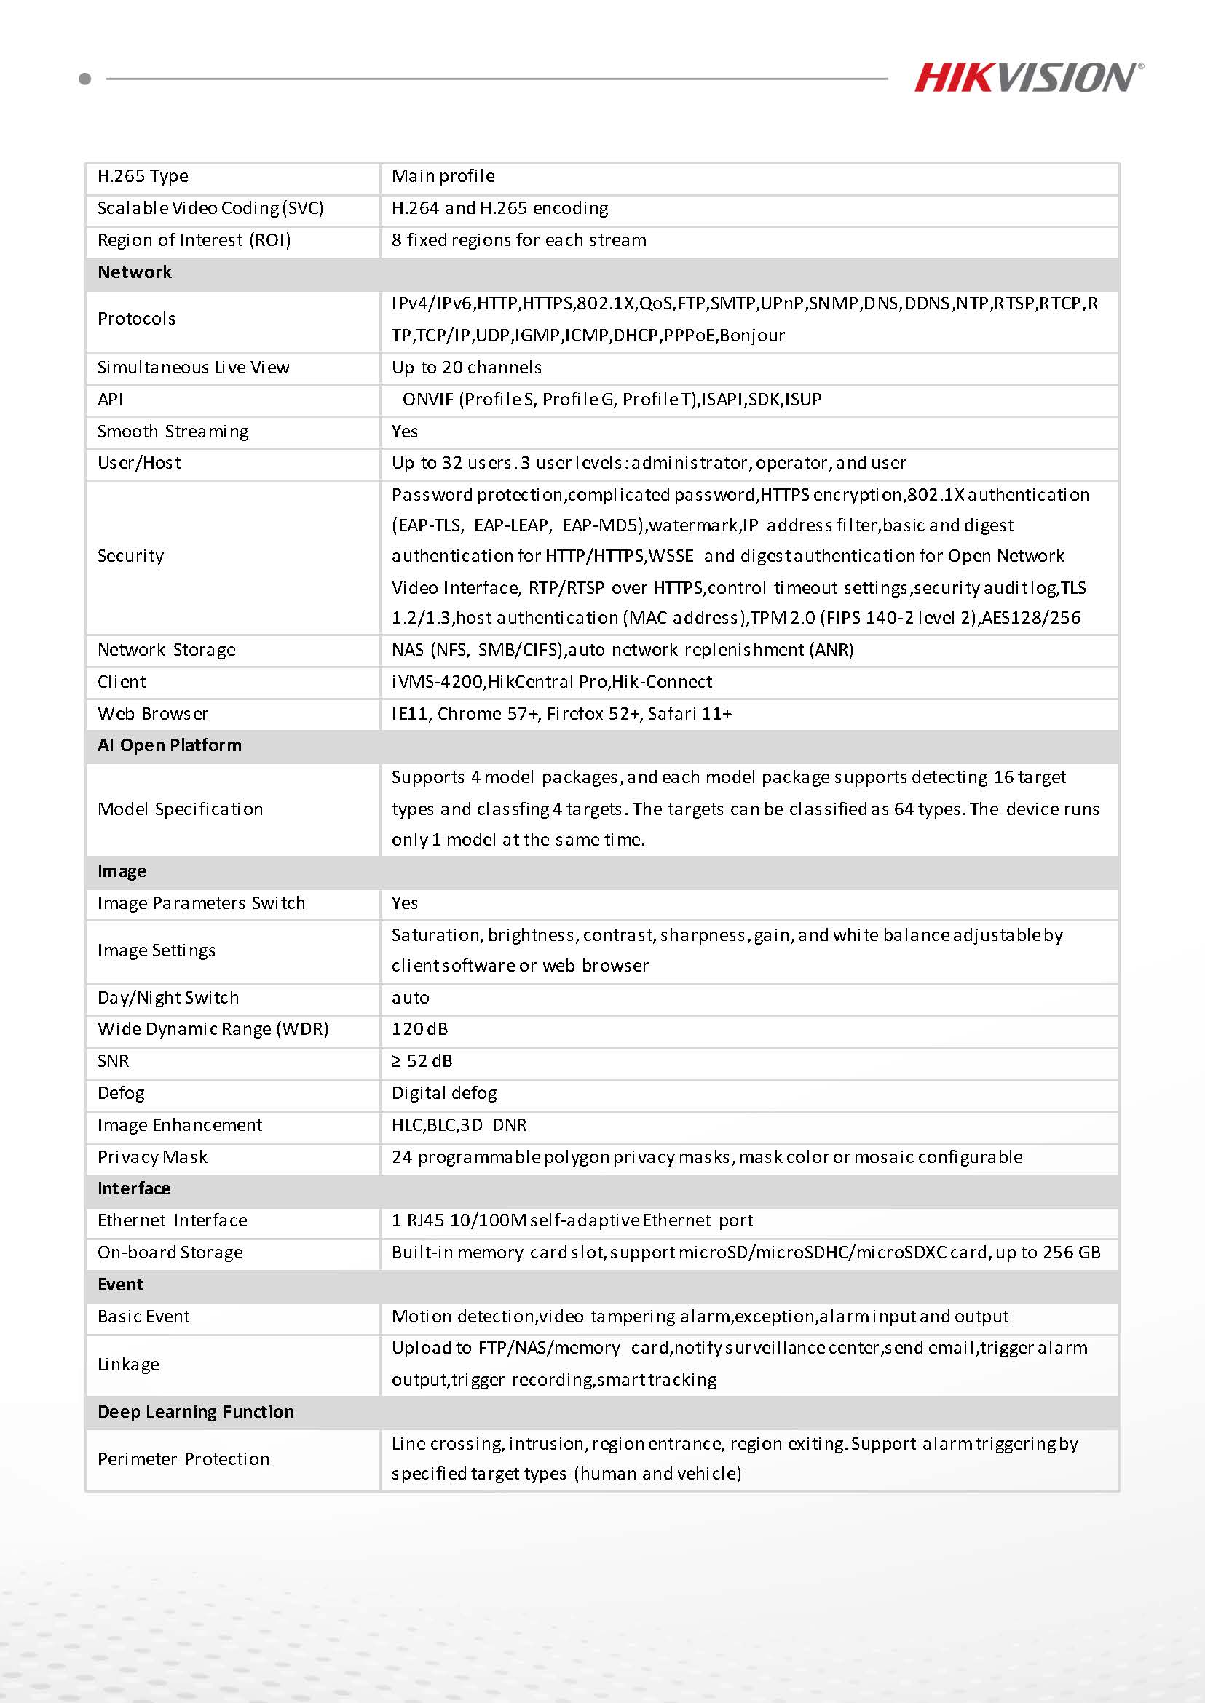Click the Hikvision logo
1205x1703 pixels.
click(x=1027, y=77)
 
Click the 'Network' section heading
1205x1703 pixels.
click(x=134, y=272)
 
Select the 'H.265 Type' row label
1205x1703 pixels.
click(x=143, y=177)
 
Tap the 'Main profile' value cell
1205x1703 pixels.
click(x=443, y=177)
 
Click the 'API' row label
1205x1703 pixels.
click(x=111, y=400)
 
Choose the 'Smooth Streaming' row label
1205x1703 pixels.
click(x=173, y=432)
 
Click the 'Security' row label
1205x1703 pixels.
click(x=130, y=556)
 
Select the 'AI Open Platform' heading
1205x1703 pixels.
click(x=169, y=745)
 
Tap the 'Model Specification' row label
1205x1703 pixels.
click(x=181, y=809)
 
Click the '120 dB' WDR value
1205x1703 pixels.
click(x=420, y=1030)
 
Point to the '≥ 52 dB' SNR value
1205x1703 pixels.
click(x=422, y=1061)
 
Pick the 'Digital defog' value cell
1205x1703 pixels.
click(x=444, y=1093)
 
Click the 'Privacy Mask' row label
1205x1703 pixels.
click(x=152, y=1157)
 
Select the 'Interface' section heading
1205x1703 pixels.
click(x=133, y=1189)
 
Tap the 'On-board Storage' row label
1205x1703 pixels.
click(x=170, y=1253)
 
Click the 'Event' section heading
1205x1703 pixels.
click(x=120, y=1285)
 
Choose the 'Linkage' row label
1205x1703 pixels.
click(x=128, y=1365)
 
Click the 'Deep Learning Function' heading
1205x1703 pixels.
click(x=196, y=1412)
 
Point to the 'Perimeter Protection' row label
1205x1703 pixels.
click(x=183, y=1459)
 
